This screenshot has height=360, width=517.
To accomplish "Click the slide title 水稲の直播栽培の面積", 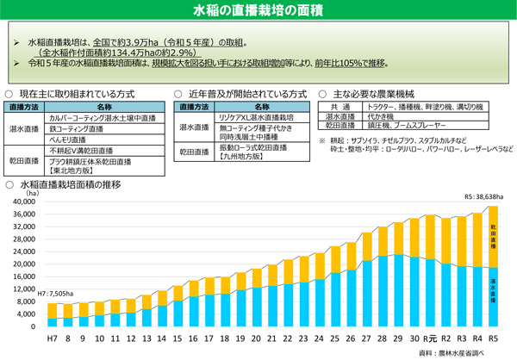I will coord(258,10).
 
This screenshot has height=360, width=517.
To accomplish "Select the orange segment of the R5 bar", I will coord(492,236).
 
